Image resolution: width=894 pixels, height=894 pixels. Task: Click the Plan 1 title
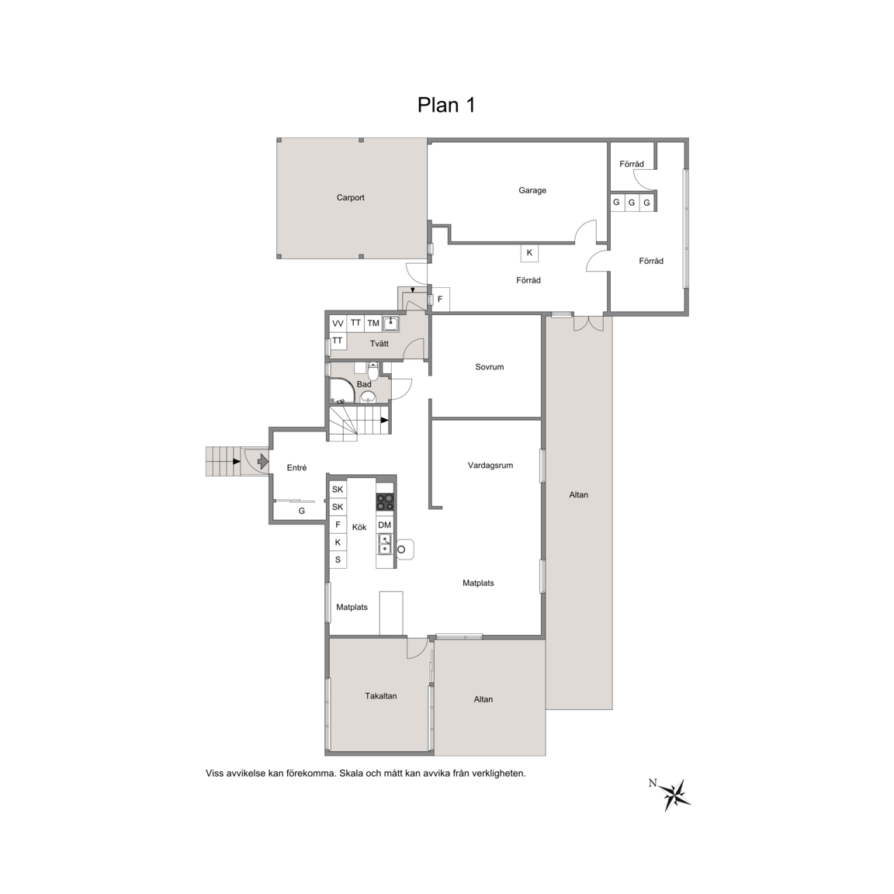(446, 105)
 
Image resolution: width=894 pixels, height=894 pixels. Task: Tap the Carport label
(350, 198)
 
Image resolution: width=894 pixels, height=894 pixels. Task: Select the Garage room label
(532, 190)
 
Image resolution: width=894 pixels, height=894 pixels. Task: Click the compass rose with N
(675, 794)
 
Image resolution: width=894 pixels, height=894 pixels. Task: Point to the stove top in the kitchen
(385, 502)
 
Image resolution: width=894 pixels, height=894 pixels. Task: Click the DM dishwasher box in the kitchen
(385, 525)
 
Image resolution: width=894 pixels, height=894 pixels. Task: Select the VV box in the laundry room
(338, 324)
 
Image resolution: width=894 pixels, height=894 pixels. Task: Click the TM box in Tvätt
(372, 324)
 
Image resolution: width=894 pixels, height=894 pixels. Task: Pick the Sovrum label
(489, 367)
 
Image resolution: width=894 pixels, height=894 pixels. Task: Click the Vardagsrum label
(490, 466)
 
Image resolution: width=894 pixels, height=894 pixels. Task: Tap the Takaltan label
(381, 696)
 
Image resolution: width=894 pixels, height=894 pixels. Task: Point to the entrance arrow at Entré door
(262, 461)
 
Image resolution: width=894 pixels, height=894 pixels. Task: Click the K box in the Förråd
(529, 253)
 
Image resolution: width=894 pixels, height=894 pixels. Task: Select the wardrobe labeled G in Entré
(302, 511)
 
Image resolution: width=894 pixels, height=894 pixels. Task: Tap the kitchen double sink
(385, 544)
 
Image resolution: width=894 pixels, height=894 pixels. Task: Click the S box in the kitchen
(338, 560)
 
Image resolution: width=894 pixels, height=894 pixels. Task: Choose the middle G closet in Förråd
(631, 203)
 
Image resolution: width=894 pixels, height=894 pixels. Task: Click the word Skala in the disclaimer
(351, 774)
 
